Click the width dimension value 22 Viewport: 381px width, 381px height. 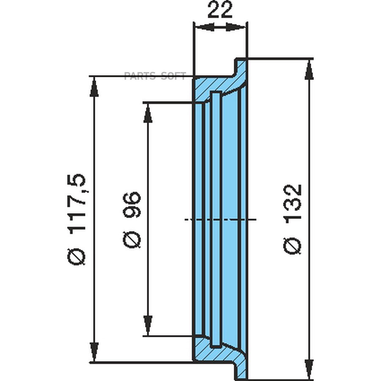pyautogui.click(x=220, y=11)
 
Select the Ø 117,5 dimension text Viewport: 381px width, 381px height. pyautogui.click(x=77, y=219)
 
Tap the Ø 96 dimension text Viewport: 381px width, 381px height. pyautogui.click(x=132, y=219)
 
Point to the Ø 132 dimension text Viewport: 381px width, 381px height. pyautogui.click(x=293, y=219)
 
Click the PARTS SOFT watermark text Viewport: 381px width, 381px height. pyautogui.click(x=155, y=76)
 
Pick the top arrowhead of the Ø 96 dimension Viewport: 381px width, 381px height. pyautogui.click(x=148, y=113)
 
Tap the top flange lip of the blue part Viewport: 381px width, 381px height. pyautogui.click(x=241, y=68)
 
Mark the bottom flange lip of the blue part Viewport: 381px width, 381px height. pyautogui.click(x=241, y=369)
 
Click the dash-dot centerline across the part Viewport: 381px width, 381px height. pyautogui.click(x=220, y=219)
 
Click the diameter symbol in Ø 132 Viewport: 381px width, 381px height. pyautogui.click(x=293, y=246)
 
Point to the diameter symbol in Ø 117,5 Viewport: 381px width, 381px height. pyautogui.click(x=77, y=257)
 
